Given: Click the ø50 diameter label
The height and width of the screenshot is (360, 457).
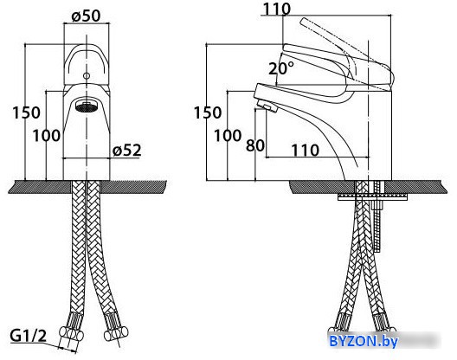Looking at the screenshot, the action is point(86,16).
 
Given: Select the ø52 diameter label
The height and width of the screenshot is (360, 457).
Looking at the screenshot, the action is point(126,150).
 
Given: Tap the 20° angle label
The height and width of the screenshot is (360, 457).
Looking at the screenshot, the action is point(281,68).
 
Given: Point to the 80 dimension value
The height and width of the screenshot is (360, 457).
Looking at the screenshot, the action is point(255,145).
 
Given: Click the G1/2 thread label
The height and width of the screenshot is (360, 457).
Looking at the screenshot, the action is point(29,336).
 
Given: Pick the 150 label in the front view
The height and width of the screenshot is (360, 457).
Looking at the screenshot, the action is point(26,112).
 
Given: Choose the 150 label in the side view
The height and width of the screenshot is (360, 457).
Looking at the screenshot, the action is point(208,112).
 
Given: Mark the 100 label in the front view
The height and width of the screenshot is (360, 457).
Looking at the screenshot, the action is point(47,136).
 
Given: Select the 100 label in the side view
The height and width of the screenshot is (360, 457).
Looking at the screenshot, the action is point(228,136).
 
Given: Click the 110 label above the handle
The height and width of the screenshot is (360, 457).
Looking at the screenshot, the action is point(277,9).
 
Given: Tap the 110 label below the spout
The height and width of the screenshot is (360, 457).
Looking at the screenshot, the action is point(306,151).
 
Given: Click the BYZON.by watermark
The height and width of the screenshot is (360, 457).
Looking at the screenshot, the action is point(364,340).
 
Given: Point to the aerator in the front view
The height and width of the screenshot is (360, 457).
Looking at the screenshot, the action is point(87,106).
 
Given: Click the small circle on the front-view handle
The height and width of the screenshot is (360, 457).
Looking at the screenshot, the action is point(87,76).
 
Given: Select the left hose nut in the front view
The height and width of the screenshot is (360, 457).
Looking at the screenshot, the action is point(71,333).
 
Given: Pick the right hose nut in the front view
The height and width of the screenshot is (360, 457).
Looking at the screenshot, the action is point(116,333).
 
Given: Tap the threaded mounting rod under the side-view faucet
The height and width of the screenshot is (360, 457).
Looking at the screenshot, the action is point(377,216).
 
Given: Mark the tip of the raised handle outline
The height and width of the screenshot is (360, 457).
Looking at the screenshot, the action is point(304,21).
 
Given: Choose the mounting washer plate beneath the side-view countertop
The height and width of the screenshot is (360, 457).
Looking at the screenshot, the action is point(372,197).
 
